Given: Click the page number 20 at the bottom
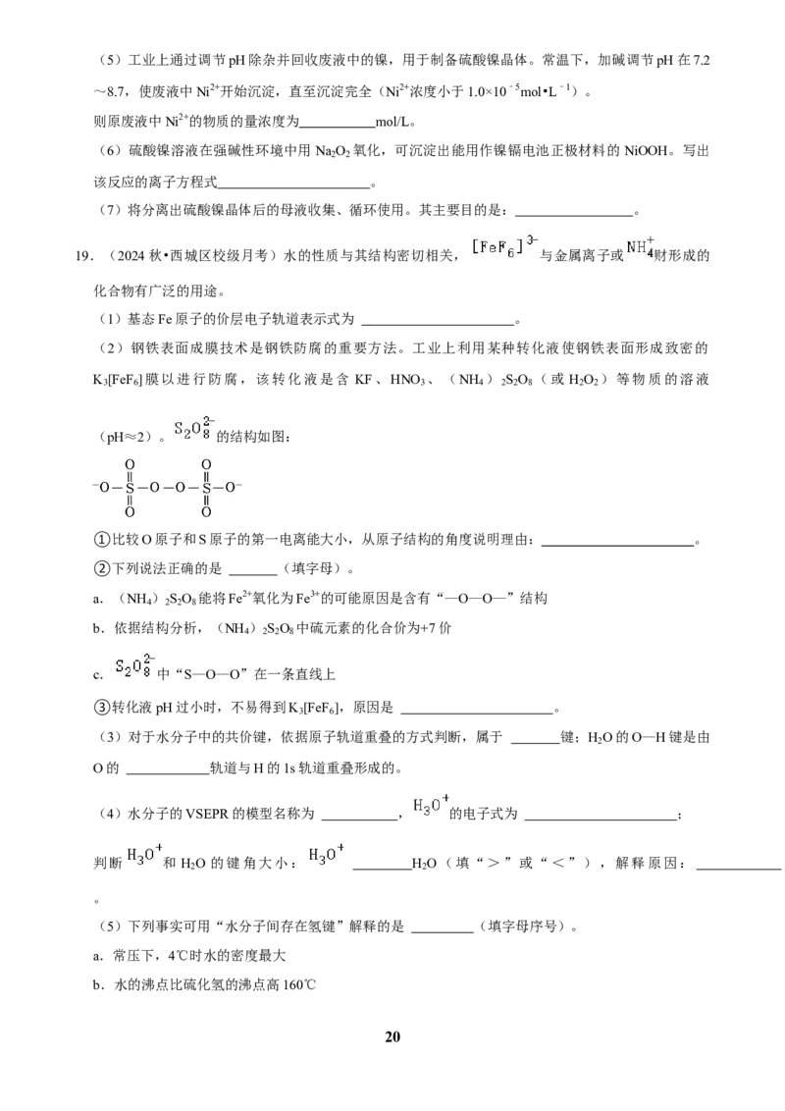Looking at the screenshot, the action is tap(392, 1036).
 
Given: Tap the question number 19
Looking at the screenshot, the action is tap(83, 256).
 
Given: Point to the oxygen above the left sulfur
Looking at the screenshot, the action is tap(130, 465).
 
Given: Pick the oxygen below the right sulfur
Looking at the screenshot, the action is tap(206, 511).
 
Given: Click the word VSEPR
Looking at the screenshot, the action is tap(208, 814).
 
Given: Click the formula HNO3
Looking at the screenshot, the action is tap(407, 380).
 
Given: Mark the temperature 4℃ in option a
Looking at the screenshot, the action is tap(178, 955).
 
